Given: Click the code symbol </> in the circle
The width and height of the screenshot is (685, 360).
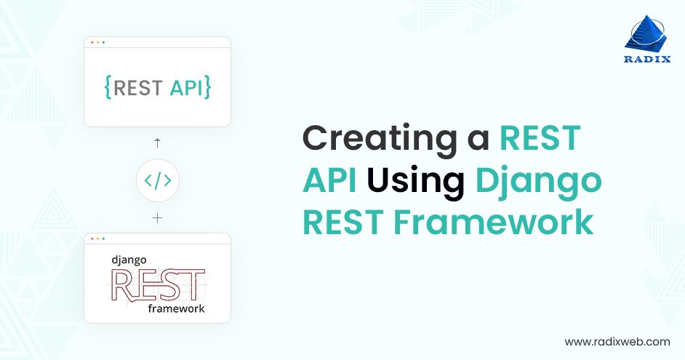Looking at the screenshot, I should pyautogui.click(x=157, y=180).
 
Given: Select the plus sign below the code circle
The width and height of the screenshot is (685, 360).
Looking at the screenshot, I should pyautogui.click(x=157, y=217).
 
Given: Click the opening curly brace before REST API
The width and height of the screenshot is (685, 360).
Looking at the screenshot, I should pyautogui.click(x=108, y=88).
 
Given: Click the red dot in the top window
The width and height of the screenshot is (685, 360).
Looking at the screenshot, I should pyautogui.click(x=92, y=42).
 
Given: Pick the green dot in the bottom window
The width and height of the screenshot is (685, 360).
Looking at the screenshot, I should pyautogui.click(x=103, y=239).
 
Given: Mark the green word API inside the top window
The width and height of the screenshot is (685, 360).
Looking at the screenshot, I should pyautogui.click(x=185, y=88).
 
